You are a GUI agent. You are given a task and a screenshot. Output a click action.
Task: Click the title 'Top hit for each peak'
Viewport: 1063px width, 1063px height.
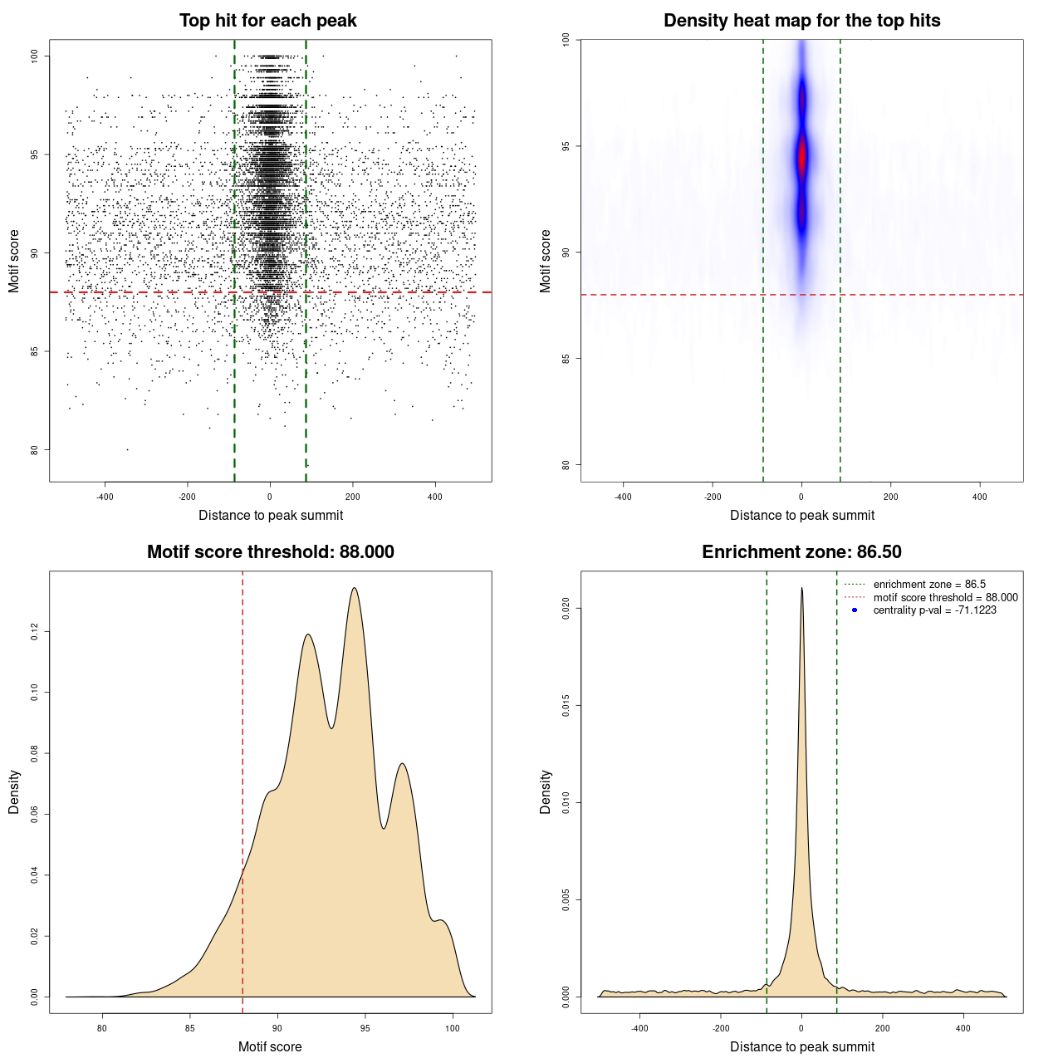(268, 21)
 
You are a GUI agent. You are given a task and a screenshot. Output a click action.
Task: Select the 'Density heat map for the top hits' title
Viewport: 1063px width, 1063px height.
(801, 21)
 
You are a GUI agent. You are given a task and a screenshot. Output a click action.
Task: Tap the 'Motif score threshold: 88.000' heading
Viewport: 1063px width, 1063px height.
(270, 552)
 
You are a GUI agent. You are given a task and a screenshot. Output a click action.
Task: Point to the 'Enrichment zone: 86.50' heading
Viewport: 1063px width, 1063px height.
(801, 552)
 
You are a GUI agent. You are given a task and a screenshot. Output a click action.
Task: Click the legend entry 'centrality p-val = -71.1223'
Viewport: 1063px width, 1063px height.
(934, 610)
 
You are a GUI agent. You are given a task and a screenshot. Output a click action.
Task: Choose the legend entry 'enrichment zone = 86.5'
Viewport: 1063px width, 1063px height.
(929, 585)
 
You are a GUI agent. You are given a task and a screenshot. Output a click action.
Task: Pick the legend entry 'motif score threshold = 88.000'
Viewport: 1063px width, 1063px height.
(945, 598)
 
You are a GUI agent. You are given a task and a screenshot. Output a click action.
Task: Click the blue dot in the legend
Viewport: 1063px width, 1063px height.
(855, 610)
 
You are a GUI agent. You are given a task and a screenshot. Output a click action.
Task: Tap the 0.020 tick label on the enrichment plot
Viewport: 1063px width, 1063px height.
(566, 609)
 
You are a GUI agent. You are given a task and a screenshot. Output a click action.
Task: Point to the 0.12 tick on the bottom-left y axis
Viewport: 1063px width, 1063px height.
(34, 632)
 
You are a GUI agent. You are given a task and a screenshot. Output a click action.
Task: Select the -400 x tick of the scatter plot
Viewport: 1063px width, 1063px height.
(105, 497)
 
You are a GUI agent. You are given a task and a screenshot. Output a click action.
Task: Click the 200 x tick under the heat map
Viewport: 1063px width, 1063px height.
(891, 497)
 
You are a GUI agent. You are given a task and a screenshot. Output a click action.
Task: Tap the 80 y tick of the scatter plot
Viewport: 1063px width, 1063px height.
(34, 450)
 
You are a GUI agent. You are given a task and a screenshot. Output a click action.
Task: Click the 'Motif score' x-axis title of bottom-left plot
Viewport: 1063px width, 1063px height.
(270, 1046)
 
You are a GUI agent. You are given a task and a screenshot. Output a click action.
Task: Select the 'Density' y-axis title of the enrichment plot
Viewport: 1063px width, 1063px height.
(546, 791)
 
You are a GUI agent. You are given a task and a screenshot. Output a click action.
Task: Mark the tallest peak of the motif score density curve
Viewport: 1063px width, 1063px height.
(355, 589)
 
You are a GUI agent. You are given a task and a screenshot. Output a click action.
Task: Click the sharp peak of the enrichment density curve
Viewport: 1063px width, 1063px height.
(801, 588)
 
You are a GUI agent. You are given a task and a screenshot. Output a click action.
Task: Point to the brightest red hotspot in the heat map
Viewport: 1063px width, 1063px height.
(802, 156)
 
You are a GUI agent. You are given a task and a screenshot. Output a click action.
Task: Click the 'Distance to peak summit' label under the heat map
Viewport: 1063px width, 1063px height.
(802, 515)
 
